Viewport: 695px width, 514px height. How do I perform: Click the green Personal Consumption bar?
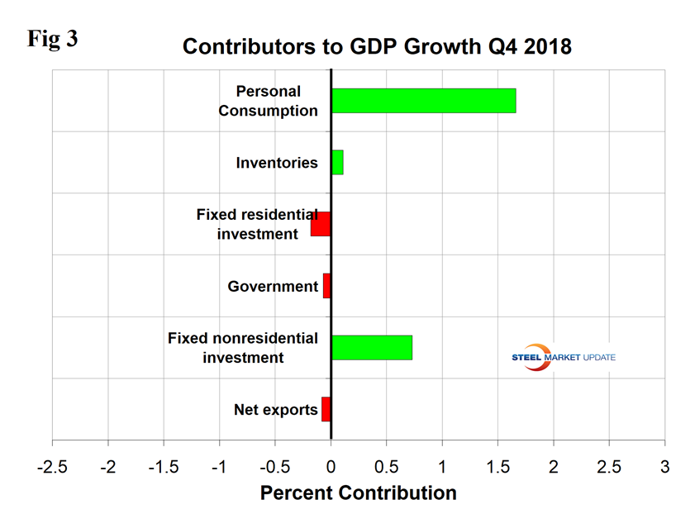(423, 101)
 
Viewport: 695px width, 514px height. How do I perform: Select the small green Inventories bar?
(337, 163)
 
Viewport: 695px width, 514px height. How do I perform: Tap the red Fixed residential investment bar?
(321, 224)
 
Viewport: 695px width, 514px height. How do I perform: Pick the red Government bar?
(326, 286)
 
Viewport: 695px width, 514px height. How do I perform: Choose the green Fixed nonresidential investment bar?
(372, 347)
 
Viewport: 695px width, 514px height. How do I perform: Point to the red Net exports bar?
(326, 409)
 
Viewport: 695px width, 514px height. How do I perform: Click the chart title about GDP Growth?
(377, 46)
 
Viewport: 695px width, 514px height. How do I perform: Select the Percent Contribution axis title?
(359, 493)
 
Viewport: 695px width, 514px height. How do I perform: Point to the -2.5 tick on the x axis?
(52, 465)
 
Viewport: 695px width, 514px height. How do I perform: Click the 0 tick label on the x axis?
(331, 465)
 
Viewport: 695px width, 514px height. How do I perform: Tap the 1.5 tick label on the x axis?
(497, 465)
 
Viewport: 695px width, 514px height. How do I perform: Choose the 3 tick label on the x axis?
(664, 465)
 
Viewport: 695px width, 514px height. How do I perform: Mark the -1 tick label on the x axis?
(219, 465)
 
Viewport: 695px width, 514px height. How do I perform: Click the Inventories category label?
(276, 163)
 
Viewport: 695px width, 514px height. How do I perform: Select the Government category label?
(273, 287)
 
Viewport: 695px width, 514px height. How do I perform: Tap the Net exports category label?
(276, 409)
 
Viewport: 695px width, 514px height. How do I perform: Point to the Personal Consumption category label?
(268, 101)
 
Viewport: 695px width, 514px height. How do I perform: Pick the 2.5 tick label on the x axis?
(609, 465)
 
